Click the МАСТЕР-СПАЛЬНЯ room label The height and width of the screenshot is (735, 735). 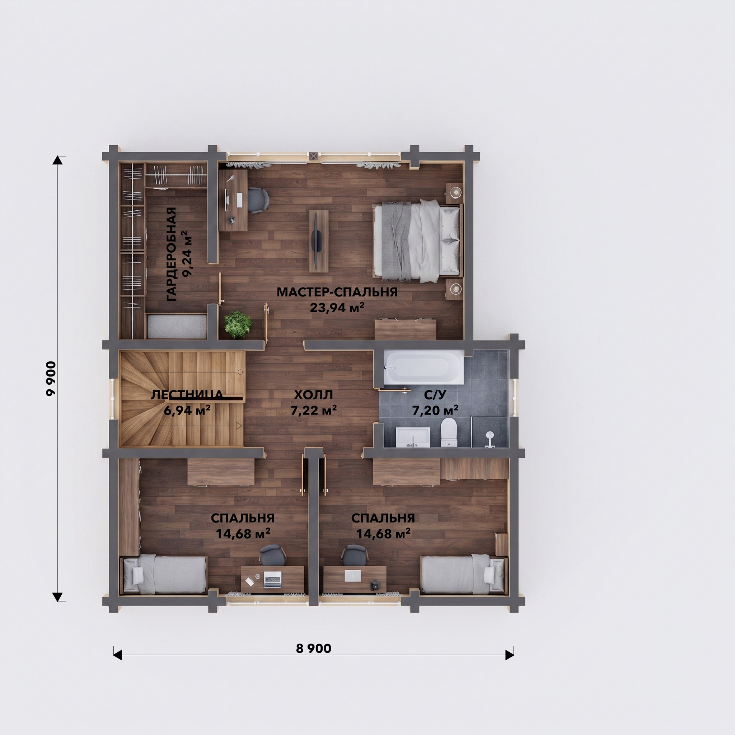coord(337,292)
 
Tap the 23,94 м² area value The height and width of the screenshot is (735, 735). coord(337,307)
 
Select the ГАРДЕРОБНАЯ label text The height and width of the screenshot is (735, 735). coord(172,254)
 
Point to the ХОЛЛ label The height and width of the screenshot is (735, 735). coord(313,395)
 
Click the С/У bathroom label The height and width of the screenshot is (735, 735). coord(435,395)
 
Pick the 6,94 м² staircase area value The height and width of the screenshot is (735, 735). coord(187,410)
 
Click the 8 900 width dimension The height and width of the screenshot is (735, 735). coord(313,648)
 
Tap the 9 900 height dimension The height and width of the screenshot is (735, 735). coord(51,379)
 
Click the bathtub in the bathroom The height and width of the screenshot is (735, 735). coord(423,367)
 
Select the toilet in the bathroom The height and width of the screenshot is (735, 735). coord(449,432)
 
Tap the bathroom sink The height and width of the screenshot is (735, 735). coord(413,437)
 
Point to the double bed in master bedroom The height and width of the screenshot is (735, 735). coord(417,240)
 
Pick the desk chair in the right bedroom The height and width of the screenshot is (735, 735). coord(355,556)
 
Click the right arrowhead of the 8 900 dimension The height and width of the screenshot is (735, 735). coord(509,655)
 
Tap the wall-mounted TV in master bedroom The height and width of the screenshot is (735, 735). coord(319,241)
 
